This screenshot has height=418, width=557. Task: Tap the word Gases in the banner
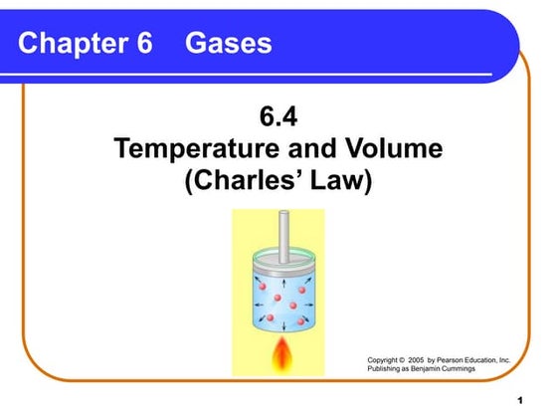coord(228,44)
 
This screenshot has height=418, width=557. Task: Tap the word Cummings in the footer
coord(488,368)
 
